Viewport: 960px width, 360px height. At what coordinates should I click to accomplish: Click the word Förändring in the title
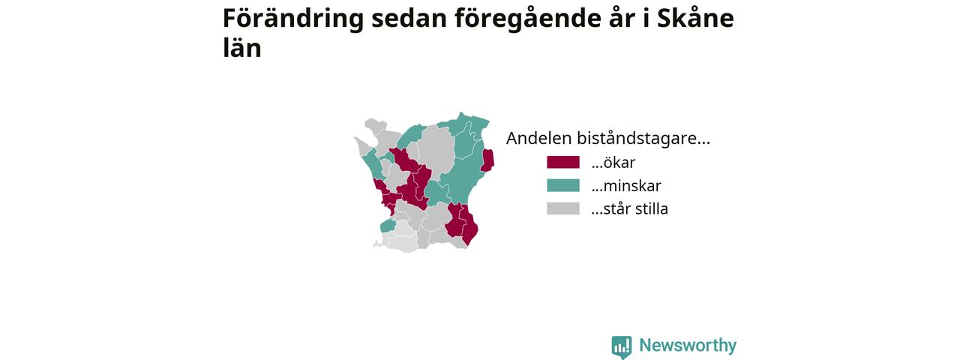(293, 19)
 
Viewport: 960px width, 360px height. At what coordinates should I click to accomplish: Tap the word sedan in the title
(409, 19)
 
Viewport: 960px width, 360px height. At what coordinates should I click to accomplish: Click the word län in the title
(242, 46)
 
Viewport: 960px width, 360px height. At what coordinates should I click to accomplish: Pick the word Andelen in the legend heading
(538, 139)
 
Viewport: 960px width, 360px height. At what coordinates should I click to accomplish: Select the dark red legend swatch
(563, 163)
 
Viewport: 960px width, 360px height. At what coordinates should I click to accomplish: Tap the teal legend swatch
(563, 185)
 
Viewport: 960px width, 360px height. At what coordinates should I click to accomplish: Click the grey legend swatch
(563, 208)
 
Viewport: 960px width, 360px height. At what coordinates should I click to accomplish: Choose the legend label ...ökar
(613, 163)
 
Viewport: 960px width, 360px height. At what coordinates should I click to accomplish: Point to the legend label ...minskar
(626, 185)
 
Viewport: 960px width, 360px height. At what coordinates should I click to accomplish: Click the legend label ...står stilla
(629, 208)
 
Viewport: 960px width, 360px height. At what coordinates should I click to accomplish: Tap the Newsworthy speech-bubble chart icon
(622, 347)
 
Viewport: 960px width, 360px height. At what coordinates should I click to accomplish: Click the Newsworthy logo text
(688, 345)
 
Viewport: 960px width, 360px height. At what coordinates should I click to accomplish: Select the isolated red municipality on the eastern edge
(487, 160)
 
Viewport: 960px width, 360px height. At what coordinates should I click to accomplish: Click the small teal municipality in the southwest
(387, 226)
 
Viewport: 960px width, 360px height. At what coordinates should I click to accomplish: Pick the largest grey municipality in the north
(436, 148)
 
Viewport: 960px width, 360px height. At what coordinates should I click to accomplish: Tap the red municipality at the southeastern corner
(469, 227)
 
